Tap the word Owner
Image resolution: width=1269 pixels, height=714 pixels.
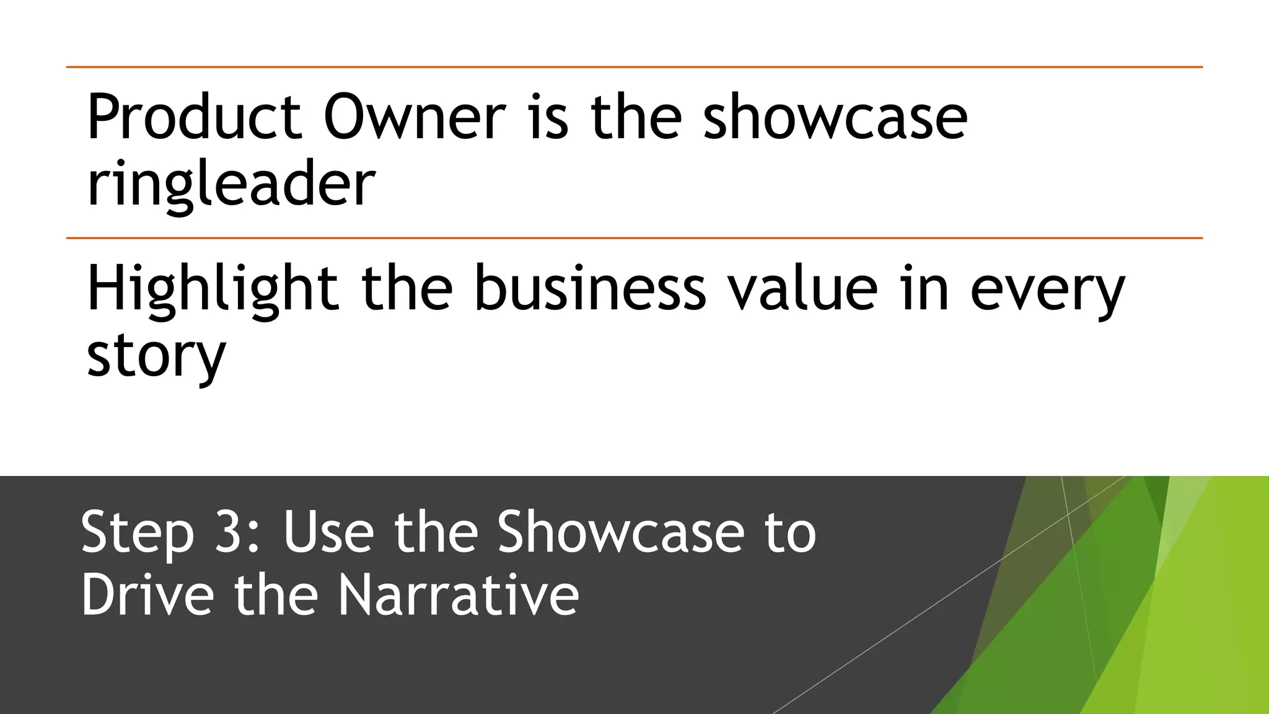414,117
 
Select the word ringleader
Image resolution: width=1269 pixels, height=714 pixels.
231,184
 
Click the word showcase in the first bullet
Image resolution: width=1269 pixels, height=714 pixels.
835,117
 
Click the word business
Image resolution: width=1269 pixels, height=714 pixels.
590,288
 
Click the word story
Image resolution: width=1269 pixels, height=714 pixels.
156,356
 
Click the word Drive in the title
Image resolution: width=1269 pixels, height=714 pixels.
147,595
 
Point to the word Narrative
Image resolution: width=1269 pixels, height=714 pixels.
459,595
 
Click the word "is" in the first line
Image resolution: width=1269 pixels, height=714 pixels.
548,117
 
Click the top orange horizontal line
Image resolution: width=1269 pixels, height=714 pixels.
634,67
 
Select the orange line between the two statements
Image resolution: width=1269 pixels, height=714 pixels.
634,238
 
